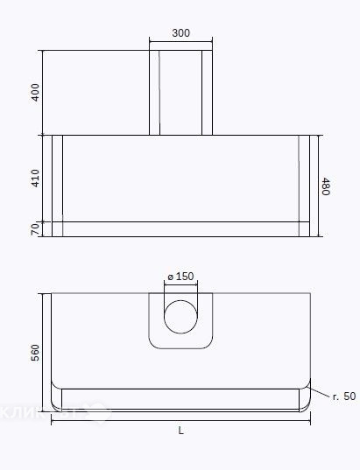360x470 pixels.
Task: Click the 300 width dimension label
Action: [x=180, y=33]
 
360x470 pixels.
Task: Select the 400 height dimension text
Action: [x=35, y=93]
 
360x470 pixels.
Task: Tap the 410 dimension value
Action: [x=35, y=179]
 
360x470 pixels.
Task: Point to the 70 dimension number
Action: [x=35, y=229]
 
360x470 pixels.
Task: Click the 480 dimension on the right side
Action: [x=326, y=186]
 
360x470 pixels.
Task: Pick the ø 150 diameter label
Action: [x=180, y=277]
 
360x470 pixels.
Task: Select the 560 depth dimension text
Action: [x=35, y=353]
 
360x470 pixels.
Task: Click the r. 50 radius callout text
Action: [x=342, y=396]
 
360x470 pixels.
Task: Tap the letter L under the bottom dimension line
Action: [x=180, y=431]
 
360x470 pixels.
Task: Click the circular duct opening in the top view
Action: [x=181, y=317]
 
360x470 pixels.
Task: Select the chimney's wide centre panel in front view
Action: [x=180, y=93]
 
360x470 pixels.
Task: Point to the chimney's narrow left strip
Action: [x=154, y=93]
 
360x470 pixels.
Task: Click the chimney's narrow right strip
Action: [x=208, y=93]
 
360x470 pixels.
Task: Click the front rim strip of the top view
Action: [x=180, y=399]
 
